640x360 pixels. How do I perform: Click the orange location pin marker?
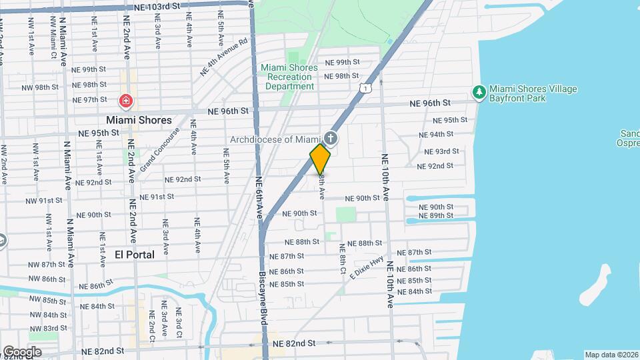pyautogui.click(x=320, y=159)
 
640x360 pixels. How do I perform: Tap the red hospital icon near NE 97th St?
pyautogui.click(x=125, y=101)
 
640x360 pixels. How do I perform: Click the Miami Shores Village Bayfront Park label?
pyautogui.click(x=533, y=93)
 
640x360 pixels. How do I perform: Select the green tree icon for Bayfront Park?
pyautogui.click(x=477, y=91)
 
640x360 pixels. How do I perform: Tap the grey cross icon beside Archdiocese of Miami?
pyautogui.click(x=331, y=139)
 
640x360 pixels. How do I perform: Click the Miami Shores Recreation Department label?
pyautogui.click(x=287, y=77)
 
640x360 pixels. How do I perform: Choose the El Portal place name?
pyautogui.click(x=135, y=254)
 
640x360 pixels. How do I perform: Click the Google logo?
pyautogui.click(x=22, y=351)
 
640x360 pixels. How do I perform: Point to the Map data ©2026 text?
pyautogui.click(x=611, y=355)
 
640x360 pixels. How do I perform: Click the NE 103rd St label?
pyautogui.click(x=157, y=5)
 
